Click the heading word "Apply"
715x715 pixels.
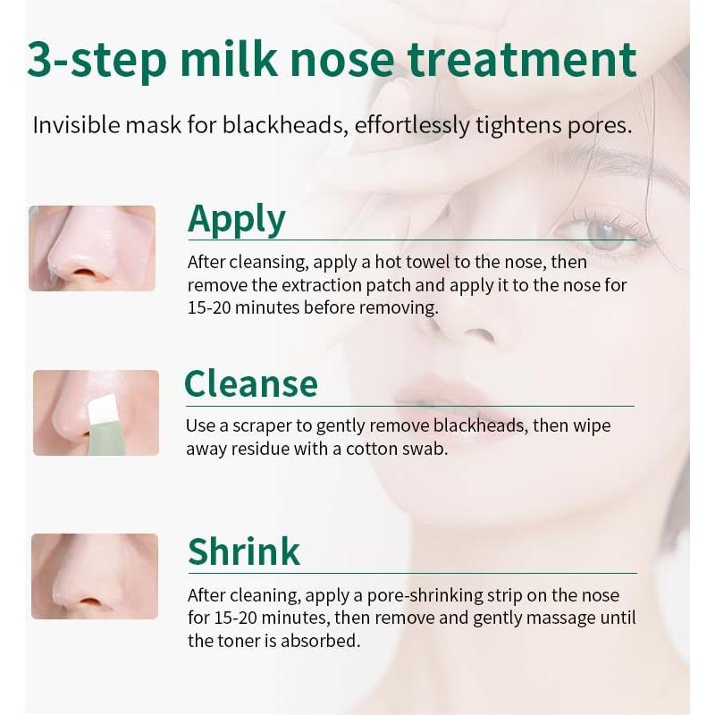tap(237, 220)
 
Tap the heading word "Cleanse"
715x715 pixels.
tap(251, 383)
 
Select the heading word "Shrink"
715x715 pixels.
tap(244, 551)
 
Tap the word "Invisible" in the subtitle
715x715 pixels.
tap(74, 124)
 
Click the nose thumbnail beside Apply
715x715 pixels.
tap(92, 248)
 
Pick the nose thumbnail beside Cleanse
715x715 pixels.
tap(96, 412)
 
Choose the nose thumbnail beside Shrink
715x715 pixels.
tap(95, 576)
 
